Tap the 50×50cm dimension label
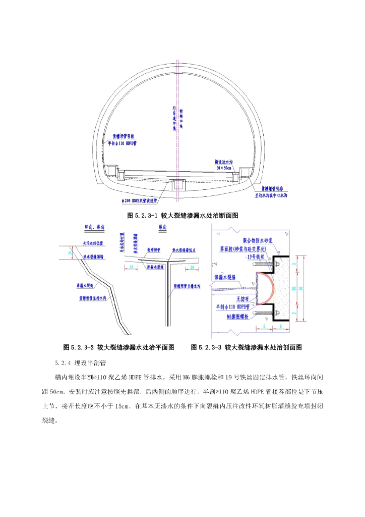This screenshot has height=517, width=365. pos(223,167)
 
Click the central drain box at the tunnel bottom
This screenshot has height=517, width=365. pos(178,185)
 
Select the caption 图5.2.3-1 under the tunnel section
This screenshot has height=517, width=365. pos(182,215)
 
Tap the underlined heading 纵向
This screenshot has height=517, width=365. pos(162,228)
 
